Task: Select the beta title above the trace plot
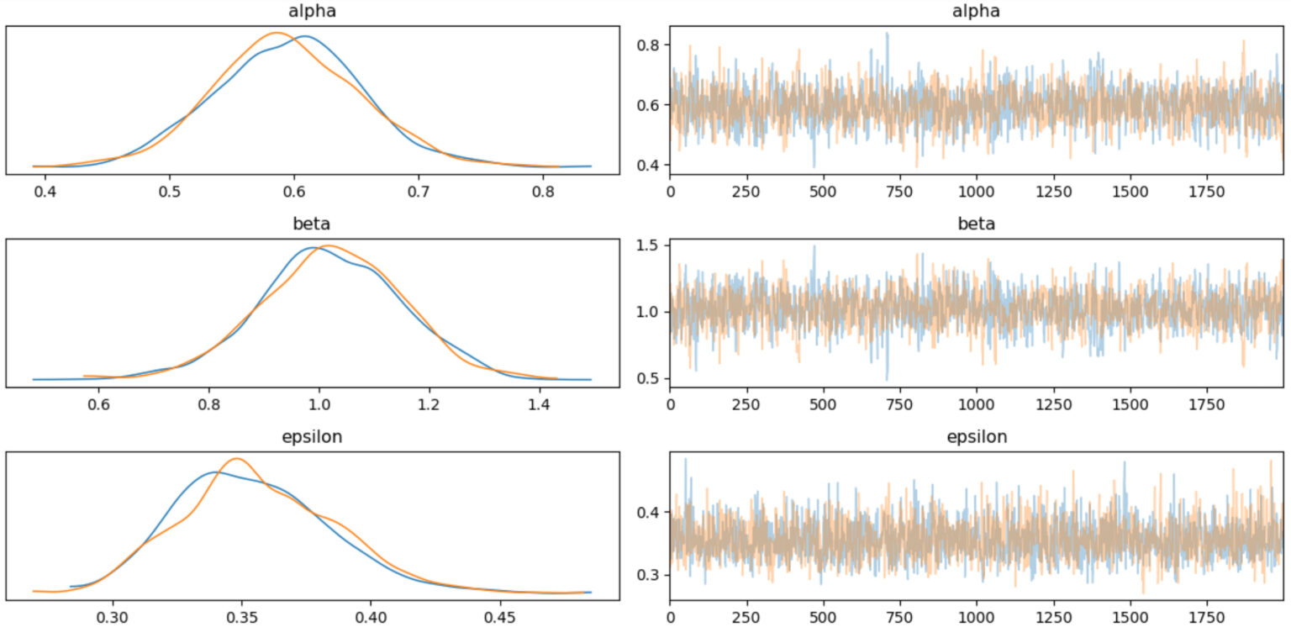tap(976, 224)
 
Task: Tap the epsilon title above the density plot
tap(313, 437)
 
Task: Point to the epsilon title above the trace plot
tap(976, 437)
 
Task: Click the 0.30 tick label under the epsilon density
tap(113, 618)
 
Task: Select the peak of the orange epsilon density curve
tap(237, 458)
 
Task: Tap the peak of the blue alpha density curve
tap(304, 36)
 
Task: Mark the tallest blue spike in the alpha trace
tap(887, 34)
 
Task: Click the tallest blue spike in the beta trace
tap(813, 246)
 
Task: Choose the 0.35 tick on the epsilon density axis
tap(242, 618)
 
